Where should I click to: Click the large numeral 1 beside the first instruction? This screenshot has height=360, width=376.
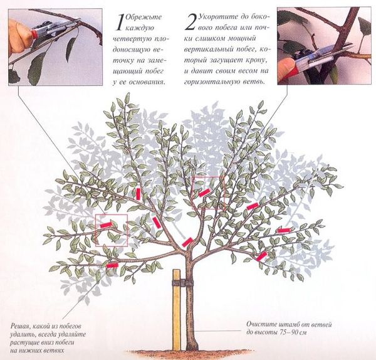click(120, 22)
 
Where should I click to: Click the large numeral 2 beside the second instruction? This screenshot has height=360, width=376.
click(191, 22)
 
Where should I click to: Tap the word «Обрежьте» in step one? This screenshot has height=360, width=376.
click(144, 18)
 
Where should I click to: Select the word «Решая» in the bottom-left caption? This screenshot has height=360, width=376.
click(18, 326)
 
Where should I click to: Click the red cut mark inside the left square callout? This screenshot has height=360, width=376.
click(107, 225)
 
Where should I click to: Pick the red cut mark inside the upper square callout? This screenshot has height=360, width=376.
click(204, 193)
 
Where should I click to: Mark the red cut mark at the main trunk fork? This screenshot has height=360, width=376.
click(187, 242)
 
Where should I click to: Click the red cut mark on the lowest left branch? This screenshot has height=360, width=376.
click(112, 265)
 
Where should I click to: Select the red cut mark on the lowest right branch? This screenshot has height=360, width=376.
click(261, 256)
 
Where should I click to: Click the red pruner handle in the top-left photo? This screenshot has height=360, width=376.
click(34, 34)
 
